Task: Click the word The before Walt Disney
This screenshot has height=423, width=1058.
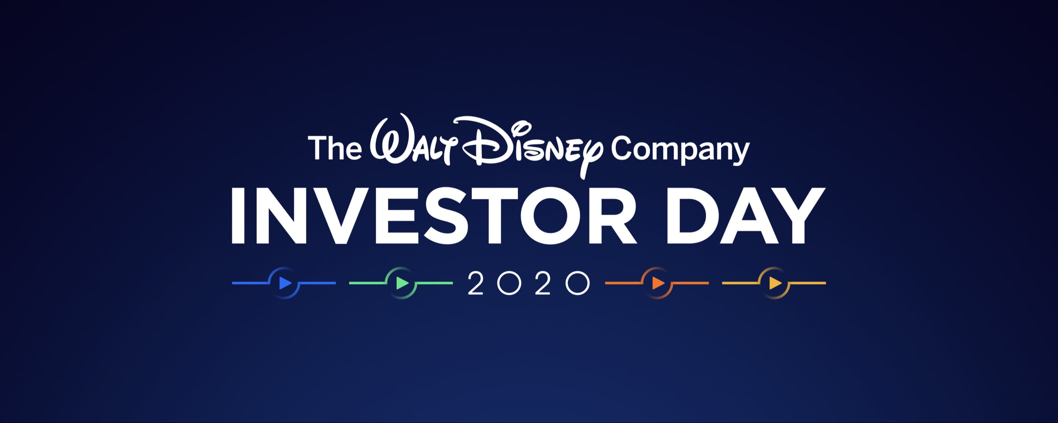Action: [335, 148]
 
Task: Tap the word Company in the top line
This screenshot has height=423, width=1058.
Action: [680, 151]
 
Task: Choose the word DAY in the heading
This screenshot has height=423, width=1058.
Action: [746, 216]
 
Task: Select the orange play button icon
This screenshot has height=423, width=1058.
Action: [658, 283]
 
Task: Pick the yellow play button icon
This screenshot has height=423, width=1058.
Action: [774, 283]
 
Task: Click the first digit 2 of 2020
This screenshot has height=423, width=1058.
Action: [476, 283]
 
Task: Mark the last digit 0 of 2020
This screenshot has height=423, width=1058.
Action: [578, 283]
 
